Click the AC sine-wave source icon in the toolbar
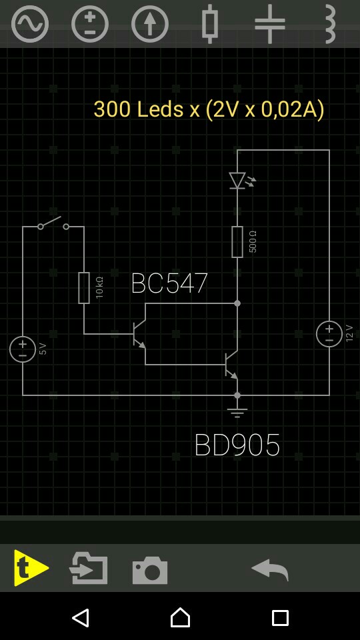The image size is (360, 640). coord(30,24)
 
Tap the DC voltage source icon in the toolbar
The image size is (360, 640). coord(90,24)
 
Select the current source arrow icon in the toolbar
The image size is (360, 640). coord(150,24)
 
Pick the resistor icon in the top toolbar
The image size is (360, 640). coord(210,24)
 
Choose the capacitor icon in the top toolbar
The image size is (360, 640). coord(270,24)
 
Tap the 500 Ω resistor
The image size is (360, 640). coord(237,242)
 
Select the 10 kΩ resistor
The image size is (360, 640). coord(84,288)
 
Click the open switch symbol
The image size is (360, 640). coord(53,224)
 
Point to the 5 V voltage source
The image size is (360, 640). coord(23,349)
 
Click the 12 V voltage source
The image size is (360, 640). coord(329,334)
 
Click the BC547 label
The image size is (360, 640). coord(169,283)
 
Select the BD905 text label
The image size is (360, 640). coord(237,445)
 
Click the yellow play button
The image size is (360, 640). coord(31,568)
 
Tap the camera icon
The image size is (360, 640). coord(150,570)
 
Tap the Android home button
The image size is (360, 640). coord(180,617)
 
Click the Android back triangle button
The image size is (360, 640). coord(81,617)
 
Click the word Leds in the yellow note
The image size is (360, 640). coord(160,109)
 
